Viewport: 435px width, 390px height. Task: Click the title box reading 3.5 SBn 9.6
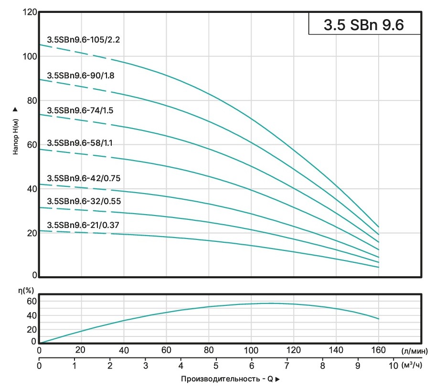(364, 24)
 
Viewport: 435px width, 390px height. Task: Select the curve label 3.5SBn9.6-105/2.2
(83, 40)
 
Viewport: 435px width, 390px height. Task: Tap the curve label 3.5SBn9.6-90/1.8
(80, 75)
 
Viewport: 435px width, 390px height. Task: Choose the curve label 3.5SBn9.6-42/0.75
(83, 178)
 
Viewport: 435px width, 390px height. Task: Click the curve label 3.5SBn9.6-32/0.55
(83, 201)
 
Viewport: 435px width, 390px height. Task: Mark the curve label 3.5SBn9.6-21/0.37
(83, 225)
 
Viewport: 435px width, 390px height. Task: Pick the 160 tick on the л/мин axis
(378, 349)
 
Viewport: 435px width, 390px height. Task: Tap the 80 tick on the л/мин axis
(209, 349)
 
